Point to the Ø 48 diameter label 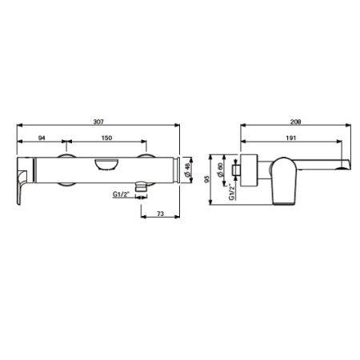click(x=188, y=170)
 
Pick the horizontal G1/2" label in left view click(x=123, y=193)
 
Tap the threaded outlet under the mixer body click(x=141, y=189)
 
